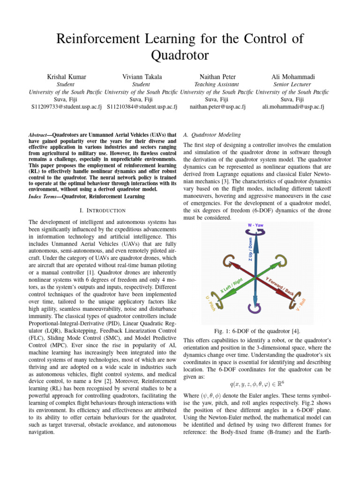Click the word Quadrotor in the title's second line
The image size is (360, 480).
180,56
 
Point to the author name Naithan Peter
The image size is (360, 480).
217,76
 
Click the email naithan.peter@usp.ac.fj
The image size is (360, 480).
217,107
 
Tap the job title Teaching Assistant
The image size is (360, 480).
217,84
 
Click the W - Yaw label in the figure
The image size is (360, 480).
255,225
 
